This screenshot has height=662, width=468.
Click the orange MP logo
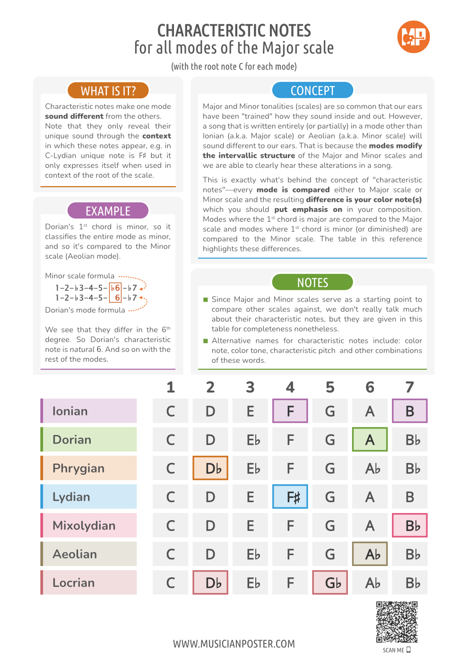pyautogui.click(x=414, y=37)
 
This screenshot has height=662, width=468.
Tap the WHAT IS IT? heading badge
pyautogui.click(x=108, y=90)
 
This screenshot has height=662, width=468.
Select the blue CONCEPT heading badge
pyautogui.click(x=312, y=90)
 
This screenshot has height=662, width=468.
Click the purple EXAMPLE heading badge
pyautogui.click(x=108, y=211)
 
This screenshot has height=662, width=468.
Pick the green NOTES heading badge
pyautogui.click(x=312, y=282)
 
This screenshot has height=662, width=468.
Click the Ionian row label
pyautogui.click(x=89, y=411)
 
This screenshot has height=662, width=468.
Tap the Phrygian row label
pyautogui.click(x=89, y=468)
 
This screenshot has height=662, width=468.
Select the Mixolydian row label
pyautogui.click(x=89, y=525)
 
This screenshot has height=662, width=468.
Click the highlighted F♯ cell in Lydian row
pyautogui.click(x=290, y=497)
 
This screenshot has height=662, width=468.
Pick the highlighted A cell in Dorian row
pyautogui.click(x=370, y=440)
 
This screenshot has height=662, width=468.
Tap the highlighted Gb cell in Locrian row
pyautogui.click(x=330, y=583)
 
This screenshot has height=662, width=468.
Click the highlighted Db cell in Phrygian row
pyautogui.click(x=210, y=468)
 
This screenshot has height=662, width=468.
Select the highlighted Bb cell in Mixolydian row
pyautogui.click(x=410, y=525)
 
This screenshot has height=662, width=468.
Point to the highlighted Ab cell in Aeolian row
pyautogui.click(x=370, y=554)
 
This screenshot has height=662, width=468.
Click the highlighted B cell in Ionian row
pyautogui.click(x=410, y=411)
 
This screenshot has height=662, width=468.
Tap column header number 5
pyautogui.click(x=330, y=387)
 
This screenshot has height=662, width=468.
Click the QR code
pyautogui.click(x=397, y=622)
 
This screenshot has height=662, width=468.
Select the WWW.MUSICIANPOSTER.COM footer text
pyautogui.click(x=234, y=644)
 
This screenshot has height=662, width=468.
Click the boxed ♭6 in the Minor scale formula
pyautogui.click(x=115, y=288)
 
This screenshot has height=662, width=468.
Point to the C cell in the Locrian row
pyautogui.click(x=171, y=583)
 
